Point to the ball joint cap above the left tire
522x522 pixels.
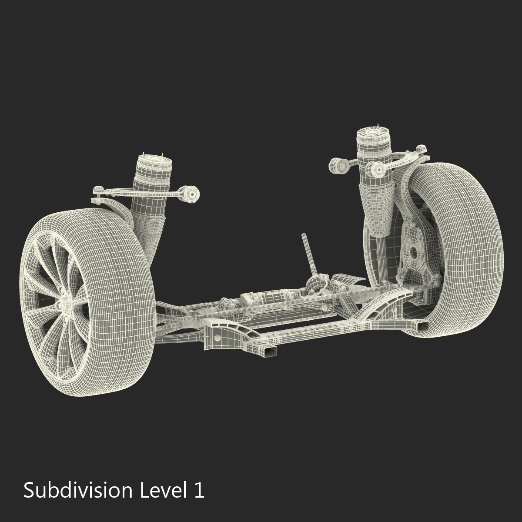click(98, 190)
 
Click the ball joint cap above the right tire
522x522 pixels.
click(421, 149)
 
